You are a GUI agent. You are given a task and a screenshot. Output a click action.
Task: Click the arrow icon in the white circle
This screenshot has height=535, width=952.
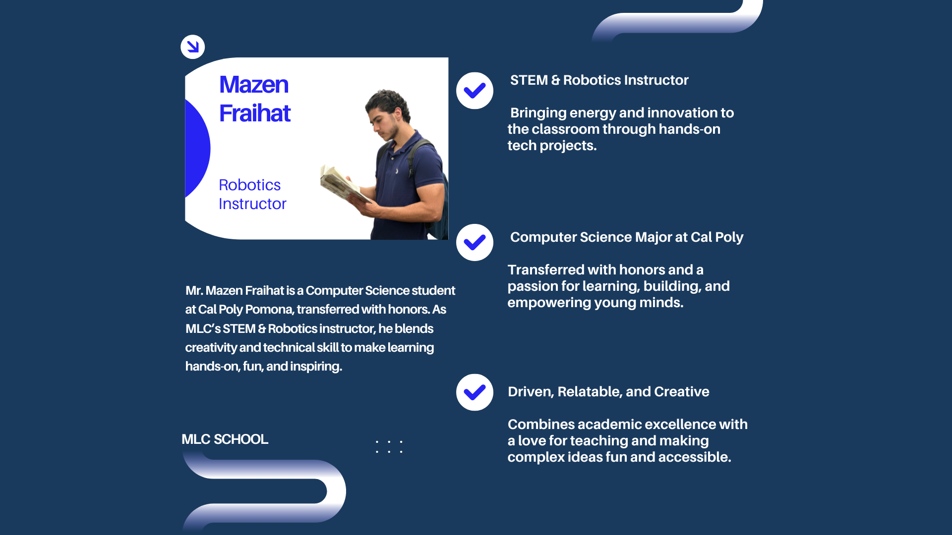click(193, 47)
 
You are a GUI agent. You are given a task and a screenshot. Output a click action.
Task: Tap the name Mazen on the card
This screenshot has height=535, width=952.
click(254, 85)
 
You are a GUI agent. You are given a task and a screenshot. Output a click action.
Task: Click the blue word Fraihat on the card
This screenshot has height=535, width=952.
click(255, 113)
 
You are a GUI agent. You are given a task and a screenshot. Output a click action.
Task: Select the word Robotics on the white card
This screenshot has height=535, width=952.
click(250, 185)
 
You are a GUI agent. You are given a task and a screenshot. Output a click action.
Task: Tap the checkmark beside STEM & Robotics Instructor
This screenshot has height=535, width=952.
click(475, 91)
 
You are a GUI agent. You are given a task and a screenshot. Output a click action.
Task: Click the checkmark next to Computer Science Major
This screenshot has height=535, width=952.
click(475, 242)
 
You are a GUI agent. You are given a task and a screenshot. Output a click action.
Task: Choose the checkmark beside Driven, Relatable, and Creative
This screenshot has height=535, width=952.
click(475, 392)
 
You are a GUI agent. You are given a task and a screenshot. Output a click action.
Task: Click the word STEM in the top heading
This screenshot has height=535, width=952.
click(529, 80)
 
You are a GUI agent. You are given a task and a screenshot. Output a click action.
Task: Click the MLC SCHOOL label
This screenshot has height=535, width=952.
click(225, 439)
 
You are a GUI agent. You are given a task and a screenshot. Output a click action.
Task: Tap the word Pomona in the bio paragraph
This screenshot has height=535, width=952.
click(269, 310)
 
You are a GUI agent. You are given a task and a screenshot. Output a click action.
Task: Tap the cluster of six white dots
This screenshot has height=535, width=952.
click(389, 446)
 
